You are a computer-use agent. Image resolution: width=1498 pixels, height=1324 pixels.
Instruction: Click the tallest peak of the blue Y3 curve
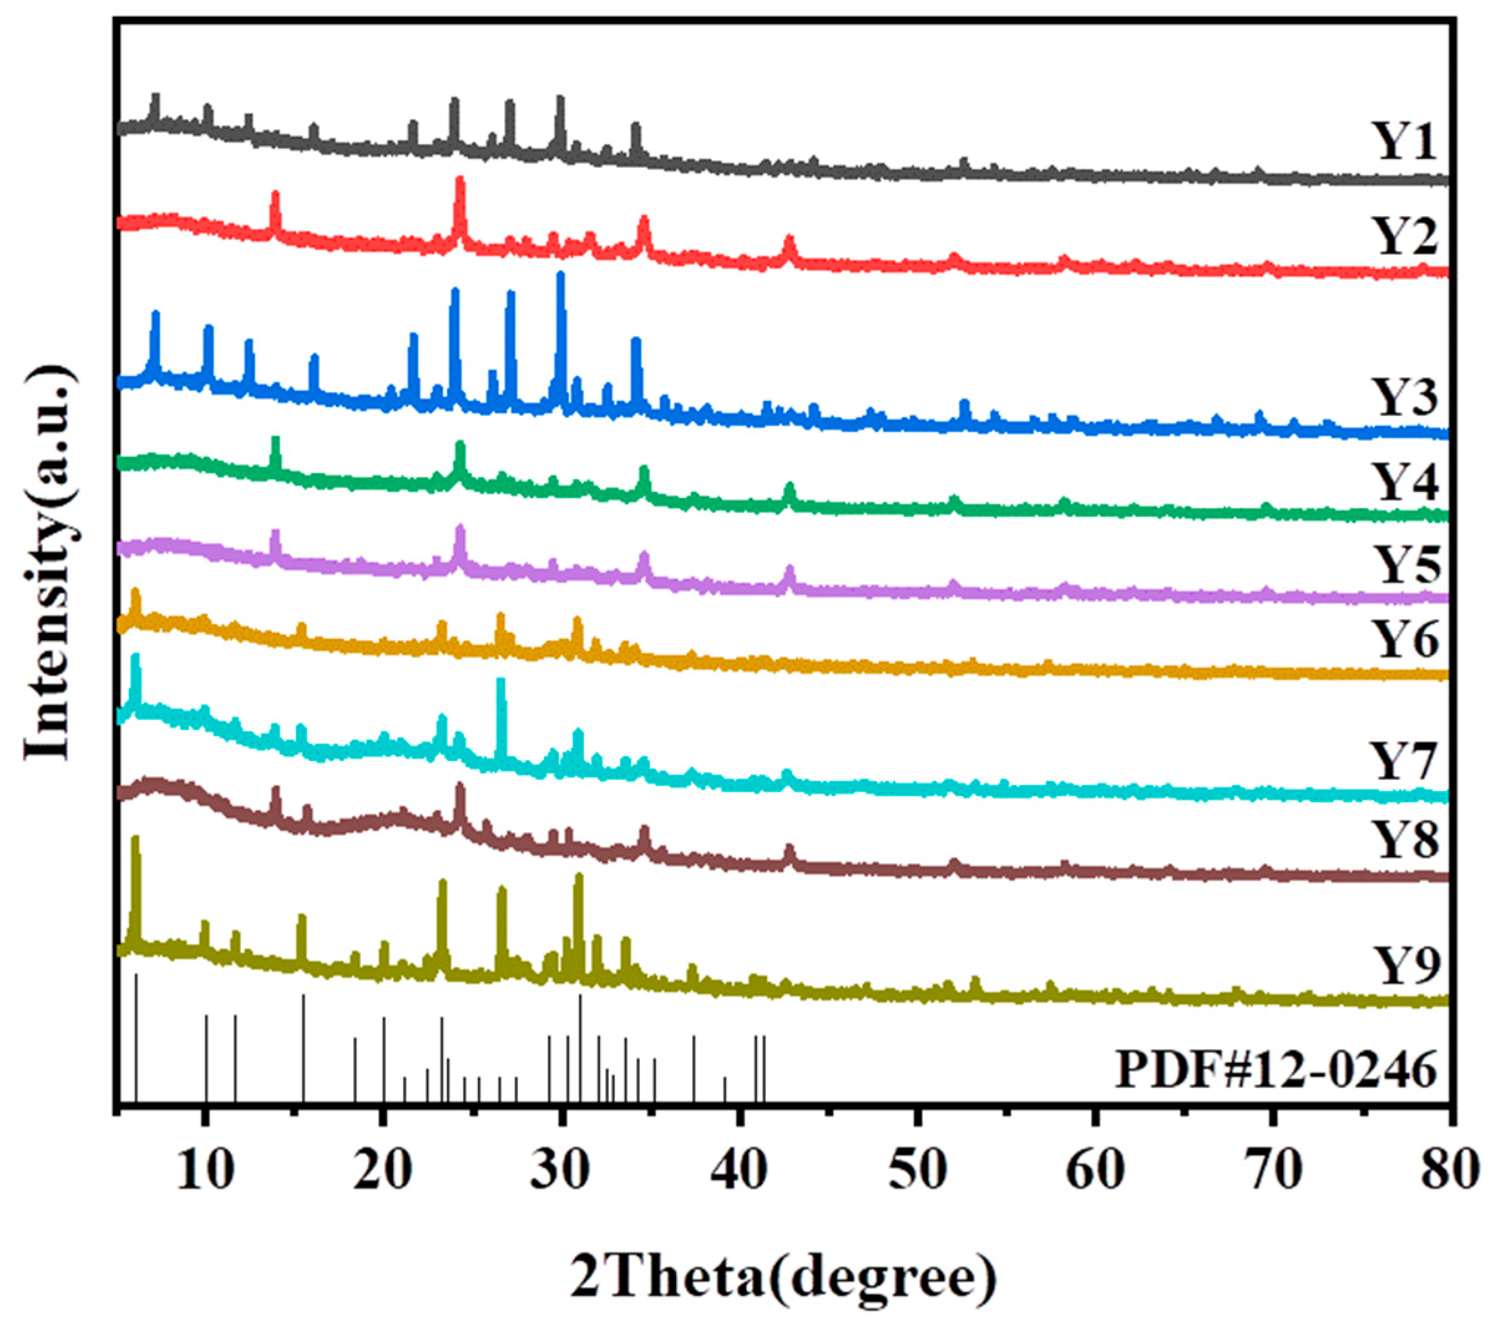tap(561, 276)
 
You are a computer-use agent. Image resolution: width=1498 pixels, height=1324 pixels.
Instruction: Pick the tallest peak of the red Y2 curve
tap(460, 180)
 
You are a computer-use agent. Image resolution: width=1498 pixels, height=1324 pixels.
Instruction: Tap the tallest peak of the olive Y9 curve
tap(135, 840)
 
